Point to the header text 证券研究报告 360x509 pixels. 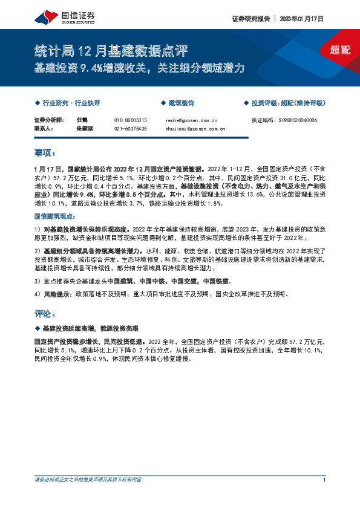tap(250, 19)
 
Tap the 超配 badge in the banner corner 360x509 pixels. tap(342, 50)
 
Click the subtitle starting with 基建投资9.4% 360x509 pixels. tap(139, 68)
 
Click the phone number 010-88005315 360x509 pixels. tap(130, 121)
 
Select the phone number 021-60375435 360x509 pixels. tap(130, 129)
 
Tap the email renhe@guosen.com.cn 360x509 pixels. tap(191, 121)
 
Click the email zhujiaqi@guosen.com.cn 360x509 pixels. tap(195, 129)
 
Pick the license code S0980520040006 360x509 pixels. tap(284, 121)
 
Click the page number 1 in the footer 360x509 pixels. tap(325, 480)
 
